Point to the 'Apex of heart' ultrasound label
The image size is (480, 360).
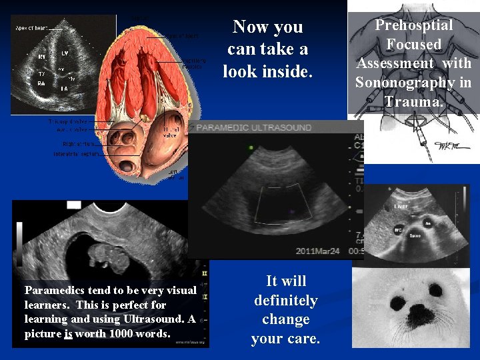point(31,29)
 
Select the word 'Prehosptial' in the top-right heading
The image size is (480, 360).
point(413,25)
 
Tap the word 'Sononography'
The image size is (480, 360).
point(413,83)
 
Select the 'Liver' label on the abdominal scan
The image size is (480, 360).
point(400,207)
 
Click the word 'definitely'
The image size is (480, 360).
point(285,300)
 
